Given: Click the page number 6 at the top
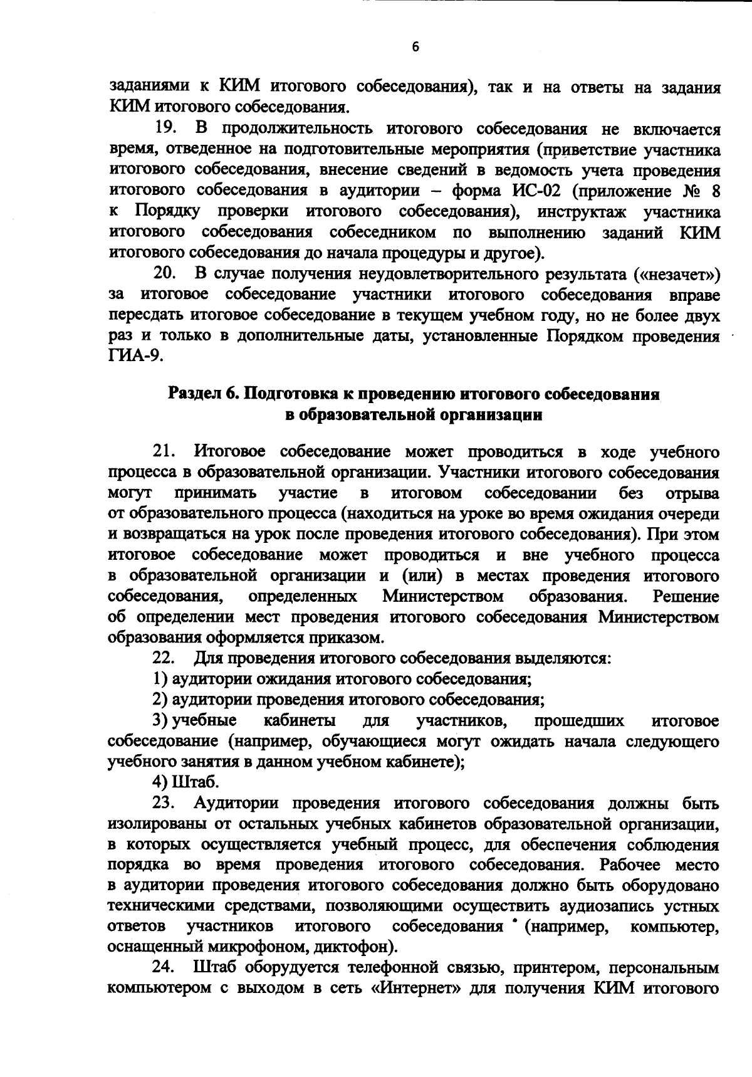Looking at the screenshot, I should click(415, 47).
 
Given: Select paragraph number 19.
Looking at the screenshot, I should click(167, 130).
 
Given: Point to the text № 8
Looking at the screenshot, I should click(701, 191).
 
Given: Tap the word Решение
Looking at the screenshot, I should click(686, 596).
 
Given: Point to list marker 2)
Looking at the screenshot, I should click(160, 700).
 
